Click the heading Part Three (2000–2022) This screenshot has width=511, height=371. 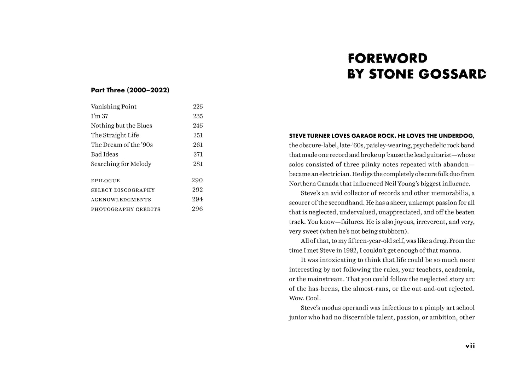pyautogui.click(x=130, y=90)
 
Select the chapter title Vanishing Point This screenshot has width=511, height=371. pyautogui.click(x=114, y=107)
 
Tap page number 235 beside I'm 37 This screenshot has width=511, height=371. pyautogui.click(x=198, y=116)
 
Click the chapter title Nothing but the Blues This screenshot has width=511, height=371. pyautogui.click(x=121, y=126)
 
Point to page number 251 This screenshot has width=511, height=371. pyautogui.click(x=198, y=135)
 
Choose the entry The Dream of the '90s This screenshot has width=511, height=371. pyautogui.click(x=122, y=145)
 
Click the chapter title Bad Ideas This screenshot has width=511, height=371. pyautogui.click(x=104, y=154)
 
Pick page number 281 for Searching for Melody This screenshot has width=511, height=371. pyautogui.click(x=198, y=164)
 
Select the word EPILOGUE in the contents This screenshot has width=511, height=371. pyautogui.click(x=105, y=181)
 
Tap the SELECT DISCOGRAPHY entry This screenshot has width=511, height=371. pyautogui.click(x=123, y=190)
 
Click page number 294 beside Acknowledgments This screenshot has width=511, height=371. pyautogui.click(x=197, y=199)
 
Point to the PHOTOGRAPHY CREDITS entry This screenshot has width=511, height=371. pyautogui.click(x=126, y=209)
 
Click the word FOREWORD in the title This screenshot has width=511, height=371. pyautogui.click(x=388, y=58)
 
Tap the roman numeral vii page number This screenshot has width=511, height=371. pyautogui.click(x=470, y=346)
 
